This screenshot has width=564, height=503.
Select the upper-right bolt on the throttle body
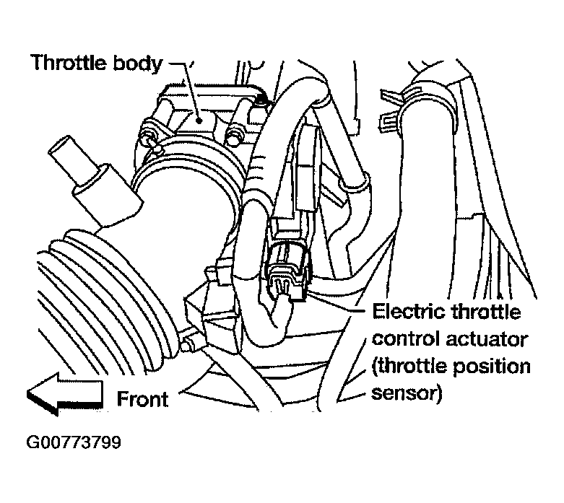[x=234, y=133]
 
